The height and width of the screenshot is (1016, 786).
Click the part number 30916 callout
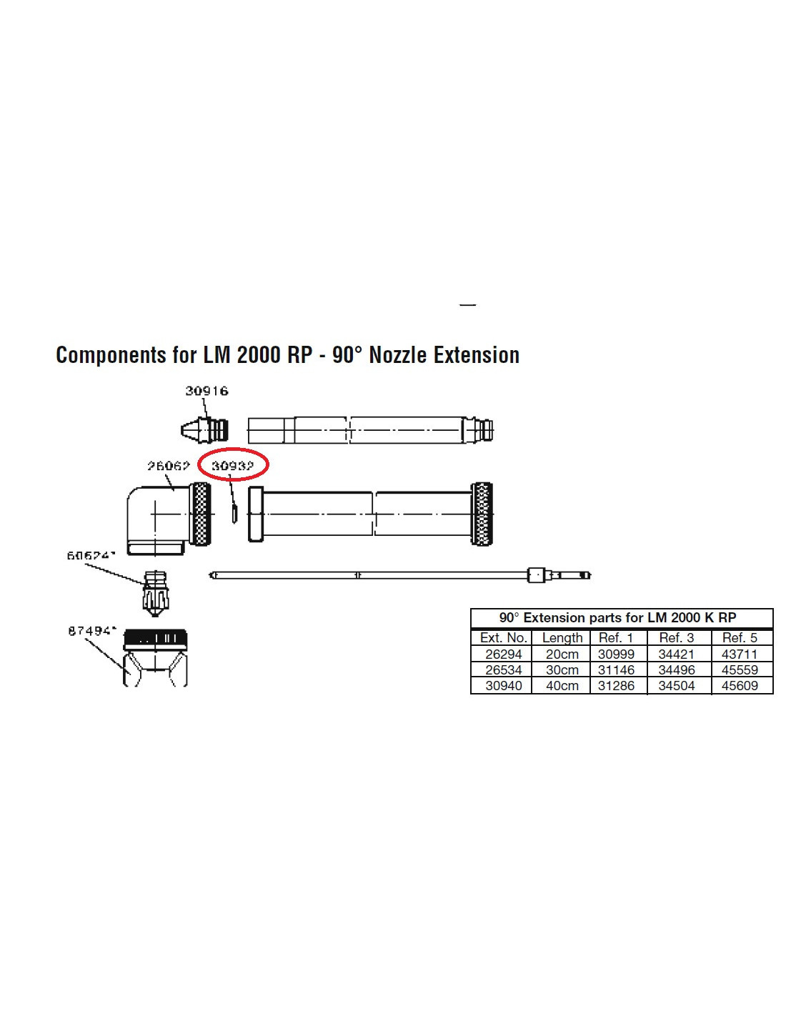pyautogui.click(x=207, y=391)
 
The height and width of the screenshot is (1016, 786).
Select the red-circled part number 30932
pyautogui.click(x=233, y=466)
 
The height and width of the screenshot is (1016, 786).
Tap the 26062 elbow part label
pyautogui.click(x=169, y=466)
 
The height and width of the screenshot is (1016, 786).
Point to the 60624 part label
pyautogui.click(x=91, y=555)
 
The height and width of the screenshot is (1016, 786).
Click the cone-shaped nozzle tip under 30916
pyautogui.click(x=191, y=430)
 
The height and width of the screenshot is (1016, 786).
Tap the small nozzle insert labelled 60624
pyautogui.click(x=156, y=592)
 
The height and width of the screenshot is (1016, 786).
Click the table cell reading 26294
pyautogui.click(x=503, y=654)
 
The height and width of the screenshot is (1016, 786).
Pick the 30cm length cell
pyautogui.click(x=562, y=670)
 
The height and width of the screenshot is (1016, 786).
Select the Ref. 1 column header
pyautogui.click(x=616, y=637)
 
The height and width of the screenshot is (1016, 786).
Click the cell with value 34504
pyautogui.click(x=676, y=686)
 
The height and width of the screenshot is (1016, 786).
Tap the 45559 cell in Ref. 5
pyautogui.click(x=739, y=670)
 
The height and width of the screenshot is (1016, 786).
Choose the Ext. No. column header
pyautogui.click(x=503, y=637)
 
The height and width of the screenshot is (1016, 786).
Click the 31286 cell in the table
pyautogui.click(x=616, y=686)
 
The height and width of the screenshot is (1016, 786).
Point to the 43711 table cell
pyautogui.click(x=739, y=654)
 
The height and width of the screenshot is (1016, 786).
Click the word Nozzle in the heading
pyautogui.click(x=397, y=355)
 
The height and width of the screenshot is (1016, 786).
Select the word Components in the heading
pyautogui.click(x=111, y=355)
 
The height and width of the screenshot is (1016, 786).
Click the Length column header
pyautogui.click(x=562, y=637)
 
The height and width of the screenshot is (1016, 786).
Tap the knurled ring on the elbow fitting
pyautogui.click(x=201, y=514)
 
